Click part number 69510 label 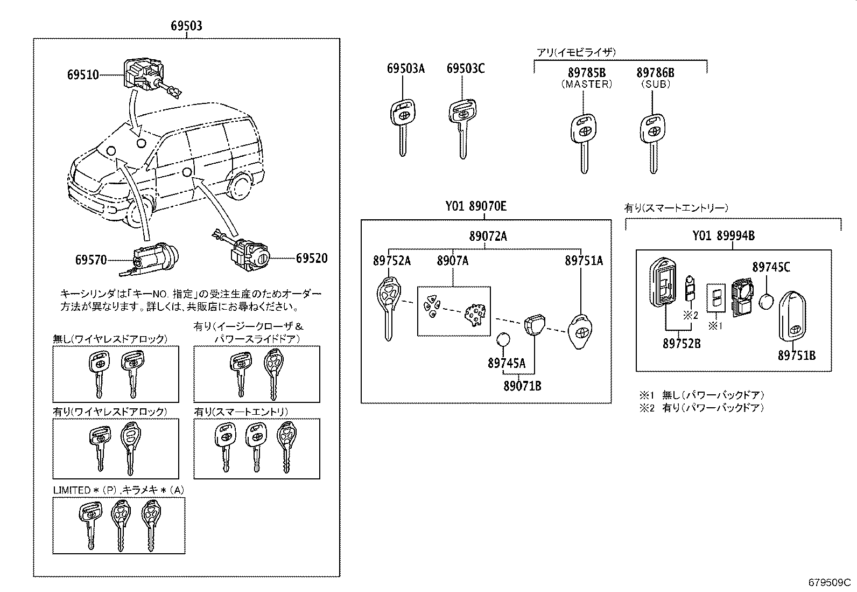coord(83,75)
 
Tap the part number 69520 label coord(311,259)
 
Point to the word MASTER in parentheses coord(587,84)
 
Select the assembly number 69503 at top coord(186,26)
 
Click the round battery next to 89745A coord(503,340)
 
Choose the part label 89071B coord(522,386)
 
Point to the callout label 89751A coord(584,261)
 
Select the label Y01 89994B coord(723,235)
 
